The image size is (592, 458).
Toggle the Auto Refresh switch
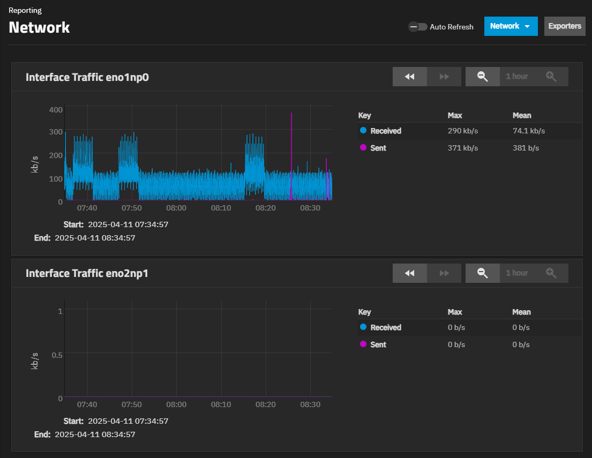click(x=418, y=27)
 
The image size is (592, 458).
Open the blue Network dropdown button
click(x=511, y=26)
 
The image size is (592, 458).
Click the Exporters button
click(x=565, y=26)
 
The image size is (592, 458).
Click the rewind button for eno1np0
click(x=410, y=77)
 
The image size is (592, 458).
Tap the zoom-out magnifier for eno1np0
click(x=483, y=77)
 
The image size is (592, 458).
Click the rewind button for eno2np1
click(x=410, y=273)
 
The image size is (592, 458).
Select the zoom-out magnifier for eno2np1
click(x=483, y=273)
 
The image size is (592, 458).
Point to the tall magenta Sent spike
click(x=291, y=139)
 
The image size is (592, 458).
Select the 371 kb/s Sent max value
click(x=462, y=148)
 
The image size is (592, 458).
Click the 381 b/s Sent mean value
click(x=526, y=148)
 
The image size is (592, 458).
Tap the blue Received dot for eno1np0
click(x=363, y=130)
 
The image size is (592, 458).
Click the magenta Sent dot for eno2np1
click(x=363, y=344)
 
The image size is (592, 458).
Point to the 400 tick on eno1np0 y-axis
click(x=56, y=110)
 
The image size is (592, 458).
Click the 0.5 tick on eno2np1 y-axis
click(x=57, y=355)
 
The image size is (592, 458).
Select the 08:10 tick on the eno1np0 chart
click(x=221, y=208)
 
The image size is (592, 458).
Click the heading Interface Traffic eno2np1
click(x=87, y=274)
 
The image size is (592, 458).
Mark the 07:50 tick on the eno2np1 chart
click(x=132, y=404)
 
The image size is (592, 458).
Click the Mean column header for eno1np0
click(x=522, y=115)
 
